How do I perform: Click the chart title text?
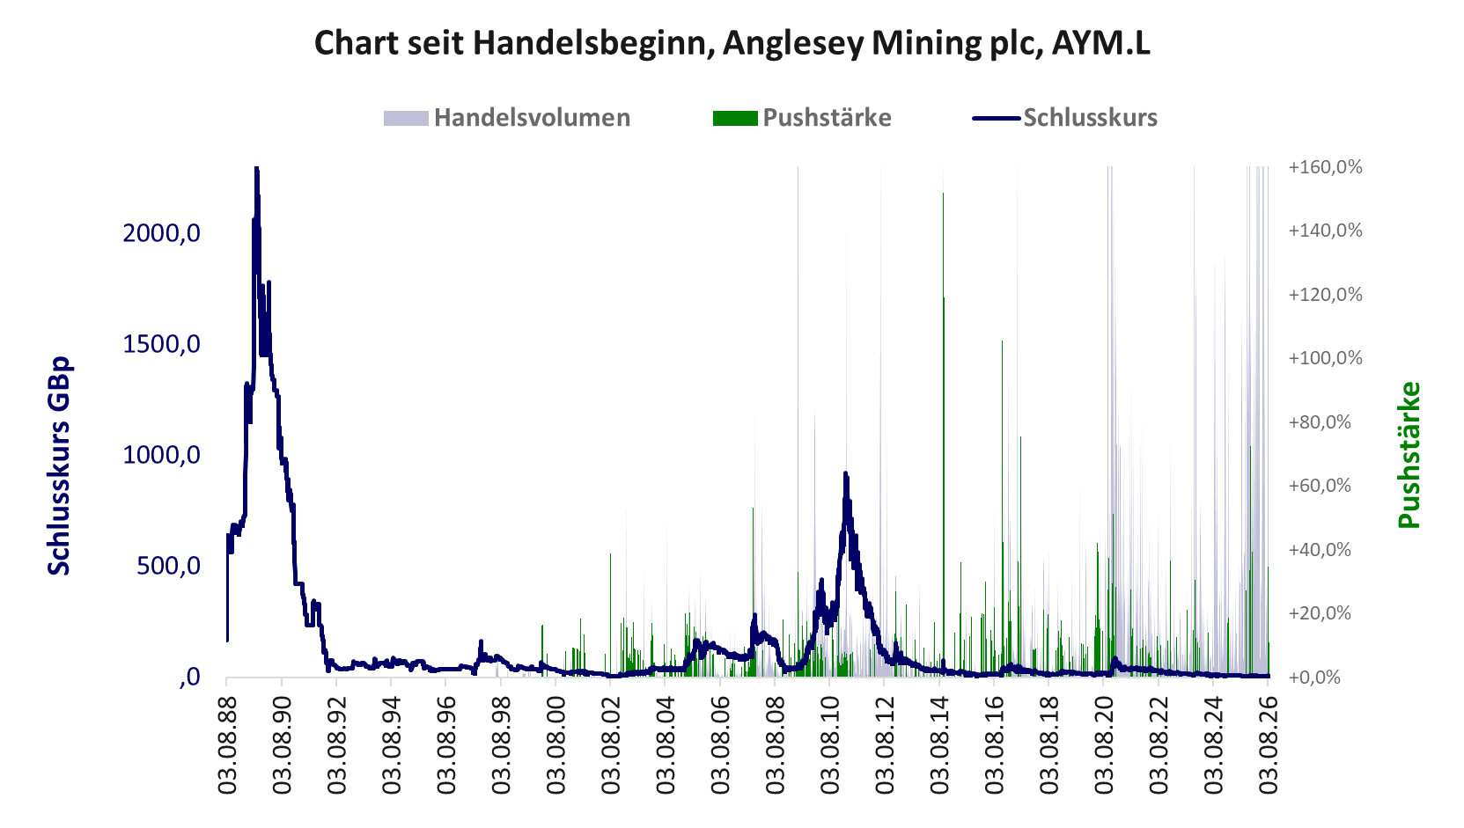point(732,43)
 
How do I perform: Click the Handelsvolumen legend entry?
point(507,118)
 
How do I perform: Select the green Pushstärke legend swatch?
point(735,118)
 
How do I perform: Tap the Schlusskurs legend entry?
point(1065,118)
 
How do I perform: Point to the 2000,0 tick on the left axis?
point(161,232)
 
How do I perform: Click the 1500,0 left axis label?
point(161,344)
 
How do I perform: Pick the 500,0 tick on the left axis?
point(168,566)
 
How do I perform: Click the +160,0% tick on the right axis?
point(1325,167)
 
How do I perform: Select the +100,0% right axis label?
point(1325,358)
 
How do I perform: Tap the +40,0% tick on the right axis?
point(1319,550)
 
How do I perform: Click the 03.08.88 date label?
point(227,745)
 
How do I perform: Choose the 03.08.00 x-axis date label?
point(555,745)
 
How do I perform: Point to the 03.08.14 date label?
point(939,745)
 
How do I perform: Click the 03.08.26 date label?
point(1268,745)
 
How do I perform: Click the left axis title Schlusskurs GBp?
point(59,466)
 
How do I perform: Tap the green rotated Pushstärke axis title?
point(1409,455)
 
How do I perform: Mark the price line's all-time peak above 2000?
point(257,169)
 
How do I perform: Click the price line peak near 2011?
point(846,473)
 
